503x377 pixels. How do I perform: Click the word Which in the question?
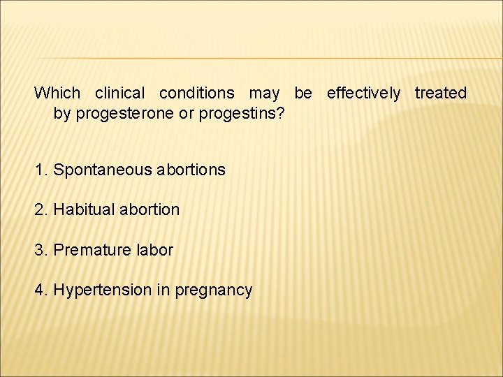[57, 93]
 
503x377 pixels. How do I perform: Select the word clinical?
[119, 93]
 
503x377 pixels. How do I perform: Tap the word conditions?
[197, 93]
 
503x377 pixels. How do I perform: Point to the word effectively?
[363, 93]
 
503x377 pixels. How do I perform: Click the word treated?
[440, 93]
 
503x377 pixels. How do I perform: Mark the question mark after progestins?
[280, 112]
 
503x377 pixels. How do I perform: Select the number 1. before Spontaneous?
[41, 170]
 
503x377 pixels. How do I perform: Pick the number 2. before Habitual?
[41, 209]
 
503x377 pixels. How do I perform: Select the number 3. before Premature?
[41, 250]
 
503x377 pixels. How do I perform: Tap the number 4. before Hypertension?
[41, 290]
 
